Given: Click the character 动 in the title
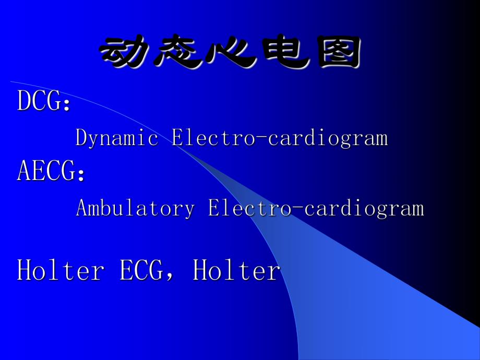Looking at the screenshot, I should pyautogui.click(x=124, y=53).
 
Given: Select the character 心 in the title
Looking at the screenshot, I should pyautogui.click(x=229, y=53).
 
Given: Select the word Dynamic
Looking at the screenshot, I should pyautogui.click(x=117, y=138).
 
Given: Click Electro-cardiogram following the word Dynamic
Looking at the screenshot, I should pyautogui.click(x=280, y=138).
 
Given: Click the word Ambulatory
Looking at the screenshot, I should pyautogui.click(x=135, y=208).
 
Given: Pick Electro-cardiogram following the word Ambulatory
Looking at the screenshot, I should pyautogui.click(x=316, y=208).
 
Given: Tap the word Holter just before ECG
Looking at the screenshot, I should pyautogui.click(x=61, y=271).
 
